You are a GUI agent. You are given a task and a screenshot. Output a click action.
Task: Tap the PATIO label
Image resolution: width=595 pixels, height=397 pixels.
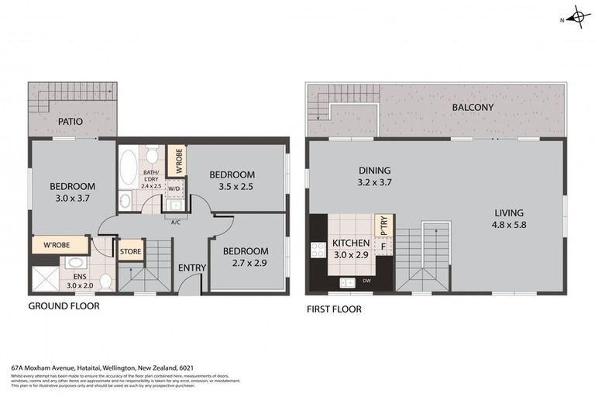click(69, 122)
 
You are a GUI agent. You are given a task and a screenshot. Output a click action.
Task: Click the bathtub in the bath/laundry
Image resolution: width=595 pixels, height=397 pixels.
click(129, 167)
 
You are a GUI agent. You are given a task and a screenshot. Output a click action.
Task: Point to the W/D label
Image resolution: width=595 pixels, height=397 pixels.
click(174, 188)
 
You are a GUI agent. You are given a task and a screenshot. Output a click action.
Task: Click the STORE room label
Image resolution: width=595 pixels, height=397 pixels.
click(129, 251)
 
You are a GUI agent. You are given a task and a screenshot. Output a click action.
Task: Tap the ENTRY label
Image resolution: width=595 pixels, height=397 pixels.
click(191, 268)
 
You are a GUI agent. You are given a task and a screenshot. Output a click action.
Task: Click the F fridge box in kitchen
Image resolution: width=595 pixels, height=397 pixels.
click(383, 247)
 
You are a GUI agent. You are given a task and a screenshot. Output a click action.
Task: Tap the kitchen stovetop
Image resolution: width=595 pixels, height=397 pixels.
click(317, 249)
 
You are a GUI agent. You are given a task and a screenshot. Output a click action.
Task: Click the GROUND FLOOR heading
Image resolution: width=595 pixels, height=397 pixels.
click(64, 306)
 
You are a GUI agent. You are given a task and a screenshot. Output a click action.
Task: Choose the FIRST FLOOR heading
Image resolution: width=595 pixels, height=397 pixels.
click(334, 309)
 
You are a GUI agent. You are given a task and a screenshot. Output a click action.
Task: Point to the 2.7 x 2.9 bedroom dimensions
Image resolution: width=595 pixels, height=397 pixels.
click(246, 264)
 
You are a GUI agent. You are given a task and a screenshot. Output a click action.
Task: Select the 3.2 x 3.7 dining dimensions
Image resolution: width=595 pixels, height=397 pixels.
click(373, 184)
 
